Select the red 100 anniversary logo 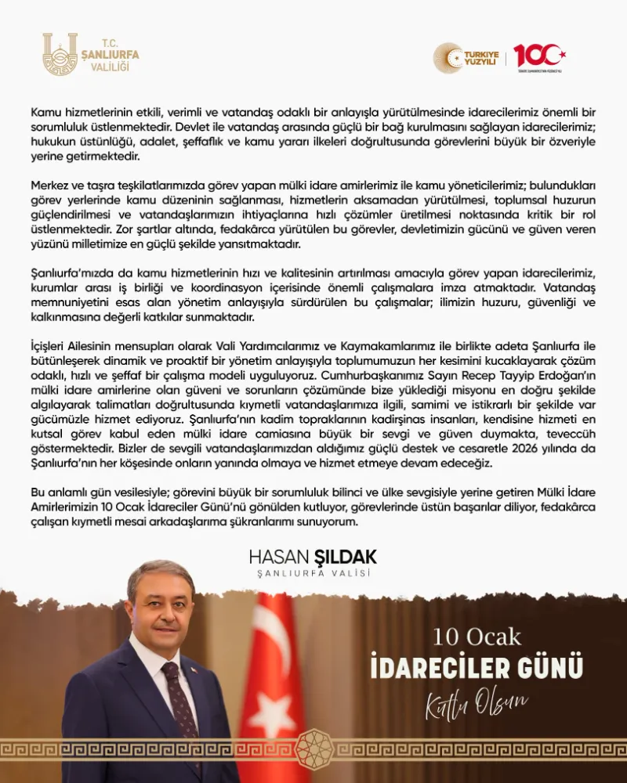coord(539,56)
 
